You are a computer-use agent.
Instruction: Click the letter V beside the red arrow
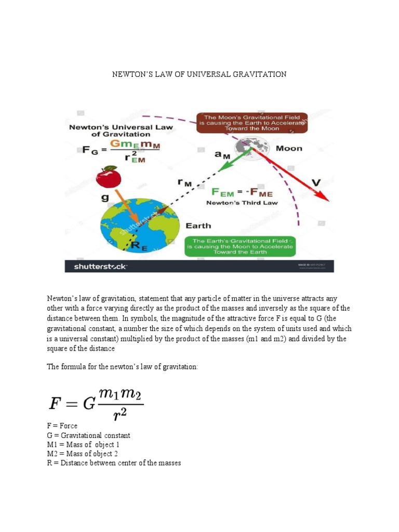pyautogui.click(x=315, y=182)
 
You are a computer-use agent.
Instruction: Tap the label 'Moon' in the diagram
pyautogui.click(x=288, y=149)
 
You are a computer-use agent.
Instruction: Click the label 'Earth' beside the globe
pyautogui.click(x=198, y=225)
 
